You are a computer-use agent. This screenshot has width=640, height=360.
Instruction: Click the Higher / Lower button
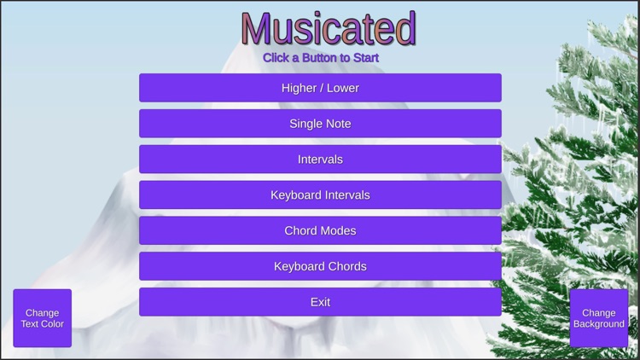click(x=320, y=88)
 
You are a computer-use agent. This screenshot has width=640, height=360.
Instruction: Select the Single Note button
click(x=320, y=124)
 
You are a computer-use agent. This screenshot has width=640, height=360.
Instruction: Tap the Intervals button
click(x=320, y=160)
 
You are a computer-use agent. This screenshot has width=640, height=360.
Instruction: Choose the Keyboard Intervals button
click(x=320, y=195)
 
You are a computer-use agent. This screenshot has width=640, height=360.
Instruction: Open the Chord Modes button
click(x=320, y=231)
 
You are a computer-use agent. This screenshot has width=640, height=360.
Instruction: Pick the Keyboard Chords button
click(x=320, y=267)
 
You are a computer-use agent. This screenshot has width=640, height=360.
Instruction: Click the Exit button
click(x=320, y=302)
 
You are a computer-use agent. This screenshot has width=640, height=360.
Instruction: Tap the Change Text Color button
click(x=42, y=318)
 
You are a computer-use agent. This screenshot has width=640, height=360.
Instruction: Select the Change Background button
click(x=599, y=318)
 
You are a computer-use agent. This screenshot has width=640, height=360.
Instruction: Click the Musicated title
click(x=329, y=29)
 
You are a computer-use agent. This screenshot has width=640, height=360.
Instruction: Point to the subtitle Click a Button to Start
click(x=321, y=58)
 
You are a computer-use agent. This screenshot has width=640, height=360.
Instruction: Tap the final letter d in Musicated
click(x=404, y=29)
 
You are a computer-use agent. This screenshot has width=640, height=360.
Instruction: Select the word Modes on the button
click(x=338, y=231)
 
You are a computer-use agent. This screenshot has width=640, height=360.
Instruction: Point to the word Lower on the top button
click(x=342, y=88)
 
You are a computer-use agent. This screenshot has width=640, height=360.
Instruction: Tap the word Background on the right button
click(x=599, y=324)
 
